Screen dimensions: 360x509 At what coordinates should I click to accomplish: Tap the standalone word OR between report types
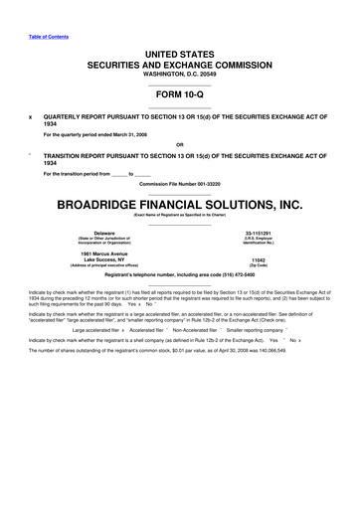pos(180,143)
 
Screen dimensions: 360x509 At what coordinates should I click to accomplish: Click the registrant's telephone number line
pos(180,275)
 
